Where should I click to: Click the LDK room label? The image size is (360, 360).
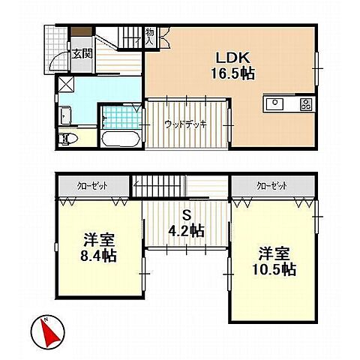coord(232,58)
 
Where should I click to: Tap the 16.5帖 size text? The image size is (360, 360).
coord(233,73)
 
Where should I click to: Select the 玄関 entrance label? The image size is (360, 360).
coord(82,54)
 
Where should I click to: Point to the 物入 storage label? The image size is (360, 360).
coord(150,37)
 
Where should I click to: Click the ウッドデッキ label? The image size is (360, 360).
coord(186,124)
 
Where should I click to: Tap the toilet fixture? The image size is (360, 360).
coord(68,138)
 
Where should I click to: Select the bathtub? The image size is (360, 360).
coord(121,139)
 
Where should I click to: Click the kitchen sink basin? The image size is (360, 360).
coord(274,104)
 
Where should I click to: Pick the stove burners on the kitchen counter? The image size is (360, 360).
coord(306,104)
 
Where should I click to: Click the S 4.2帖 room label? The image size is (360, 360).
coord(187,223)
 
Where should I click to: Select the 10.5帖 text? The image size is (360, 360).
coord(274,269)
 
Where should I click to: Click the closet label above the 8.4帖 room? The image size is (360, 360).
coord(92,186)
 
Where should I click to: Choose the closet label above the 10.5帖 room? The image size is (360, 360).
coord(272,186)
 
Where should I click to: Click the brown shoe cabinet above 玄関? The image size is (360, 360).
coord(82,31)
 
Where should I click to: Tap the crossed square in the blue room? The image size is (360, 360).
coord(66,84)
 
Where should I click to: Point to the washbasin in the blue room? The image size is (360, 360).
coord(66,115)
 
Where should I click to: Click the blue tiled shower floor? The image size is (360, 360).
coord(122,118)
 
